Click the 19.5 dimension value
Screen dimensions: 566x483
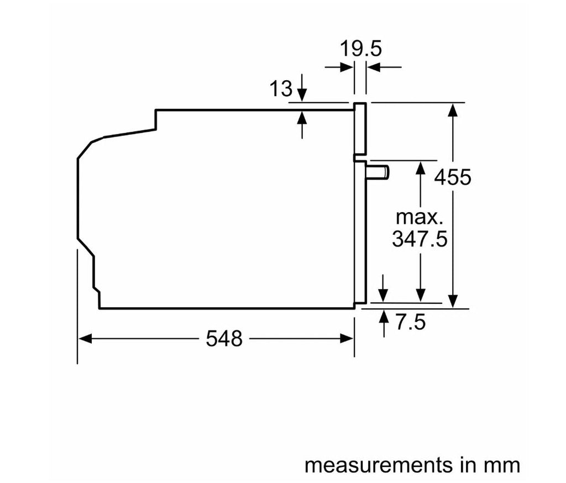360,49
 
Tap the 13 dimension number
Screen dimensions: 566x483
280,88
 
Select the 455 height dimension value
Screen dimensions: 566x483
453,177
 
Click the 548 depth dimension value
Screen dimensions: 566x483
224,339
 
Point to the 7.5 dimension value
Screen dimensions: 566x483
411,322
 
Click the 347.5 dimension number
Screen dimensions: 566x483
420,239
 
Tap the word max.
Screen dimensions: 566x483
420,218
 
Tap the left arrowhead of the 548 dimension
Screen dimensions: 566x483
85,339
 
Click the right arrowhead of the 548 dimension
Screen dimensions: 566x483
347,339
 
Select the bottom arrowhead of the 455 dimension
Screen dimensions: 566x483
453,301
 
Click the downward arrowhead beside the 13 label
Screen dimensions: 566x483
302,96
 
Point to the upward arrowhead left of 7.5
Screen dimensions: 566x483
384,316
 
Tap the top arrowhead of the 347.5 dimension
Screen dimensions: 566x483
421,167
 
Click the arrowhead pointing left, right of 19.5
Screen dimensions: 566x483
374,67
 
